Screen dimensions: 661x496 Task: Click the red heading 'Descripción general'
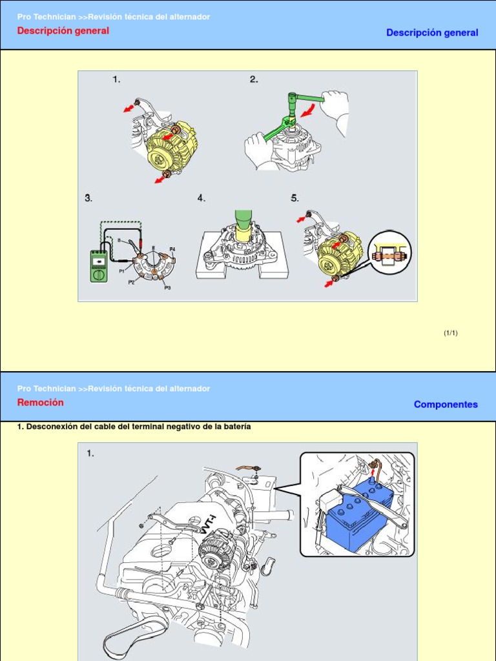pyautogui.click(x=63, y=30)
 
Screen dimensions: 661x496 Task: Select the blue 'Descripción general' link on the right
pyautogui.click(x=432, y=32)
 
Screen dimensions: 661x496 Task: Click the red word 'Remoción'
pyautogui.click(x=41, y=402)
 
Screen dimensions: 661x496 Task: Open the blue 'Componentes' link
pyautogui.click(x=446, y=404)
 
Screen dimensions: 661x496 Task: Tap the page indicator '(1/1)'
pyautogui.click(x=450, y=333)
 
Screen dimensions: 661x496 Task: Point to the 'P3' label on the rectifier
pyautogui.click(x=167, y=287)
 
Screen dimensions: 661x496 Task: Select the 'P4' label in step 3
pyautogui.click(x=172, y=249)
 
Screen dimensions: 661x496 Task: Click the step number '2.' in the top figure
pyautogui.click(x=254, y=79)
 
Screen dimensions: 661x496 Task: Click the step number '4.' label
pyautogui.click(x=201, y=198)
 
